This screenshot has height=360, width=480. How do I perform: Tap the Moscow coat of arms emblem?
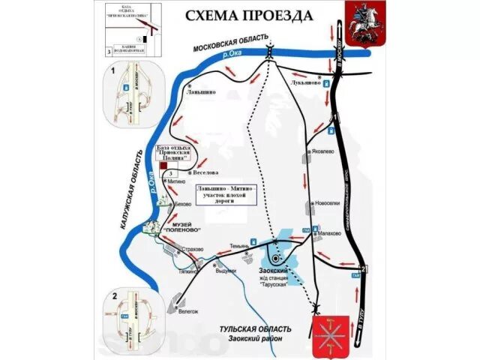(362, 22)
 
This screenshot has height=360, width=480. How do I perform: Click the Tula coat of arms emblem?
(331, 335)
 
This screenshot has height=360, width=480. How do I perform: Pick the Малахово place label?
(329, 233)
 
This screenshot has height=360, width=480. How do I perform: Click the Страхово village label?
(193, 248)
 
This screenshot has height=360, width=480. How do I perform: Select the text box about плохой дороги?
(225, 195)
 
